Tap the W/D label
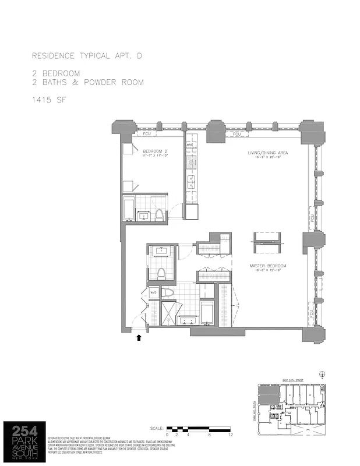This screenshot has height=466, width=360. tap(154, 292)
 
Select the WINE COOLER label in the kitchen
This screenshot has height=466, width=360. tap(191, 147)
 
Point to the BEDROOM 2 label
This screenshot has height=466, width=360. tap(154, 151)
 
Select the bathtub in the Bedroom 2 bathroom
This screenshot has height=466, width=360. tap(129, 209)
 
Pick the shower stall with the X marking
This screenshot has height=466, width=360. tap(167, 313)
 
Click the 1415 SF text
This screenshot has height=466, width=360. tap(50, 100)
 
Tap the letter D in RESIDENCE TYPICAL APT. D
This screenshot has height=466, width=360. tap(139, 56)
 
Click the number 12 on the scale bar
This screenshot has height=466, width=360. tap(231, 435)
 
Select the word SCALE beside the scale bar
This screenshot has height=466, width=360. tap(157, 428)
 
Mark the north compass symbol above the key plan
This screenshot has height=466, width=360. tap(322, 373)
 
